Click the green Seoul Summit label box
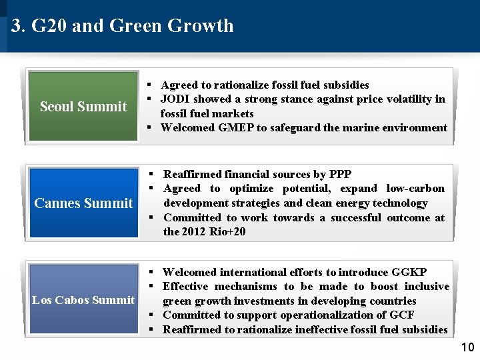(83, 107)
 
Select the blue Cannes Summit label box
(83, 203)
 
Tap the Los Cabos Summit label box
(83, 299)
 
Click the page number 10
(467, 347)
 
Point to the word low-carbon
(415, 189)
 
